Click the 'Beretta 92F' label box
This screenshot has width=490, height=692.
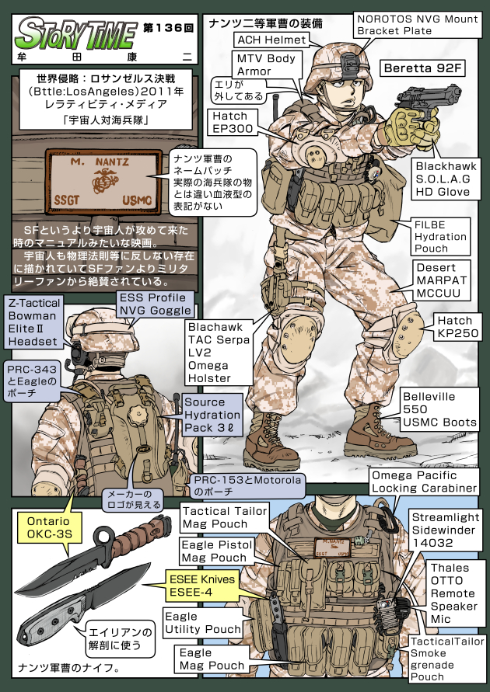(422, 68)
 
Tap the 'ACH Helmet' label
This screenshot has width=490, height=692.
(271, 39)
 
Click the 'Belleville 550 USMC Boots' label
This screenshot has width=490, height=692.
(439, 409)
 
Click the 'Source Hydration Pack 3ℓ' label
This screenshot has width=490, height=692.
(214, 414)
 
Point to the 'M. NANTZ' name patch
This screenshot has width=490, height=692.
(103, 183)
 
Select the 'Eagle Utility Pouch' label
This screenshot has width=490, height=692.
(202, 622)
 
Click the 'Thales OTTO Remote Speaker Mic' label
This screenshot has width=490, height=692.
(453, 593)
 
